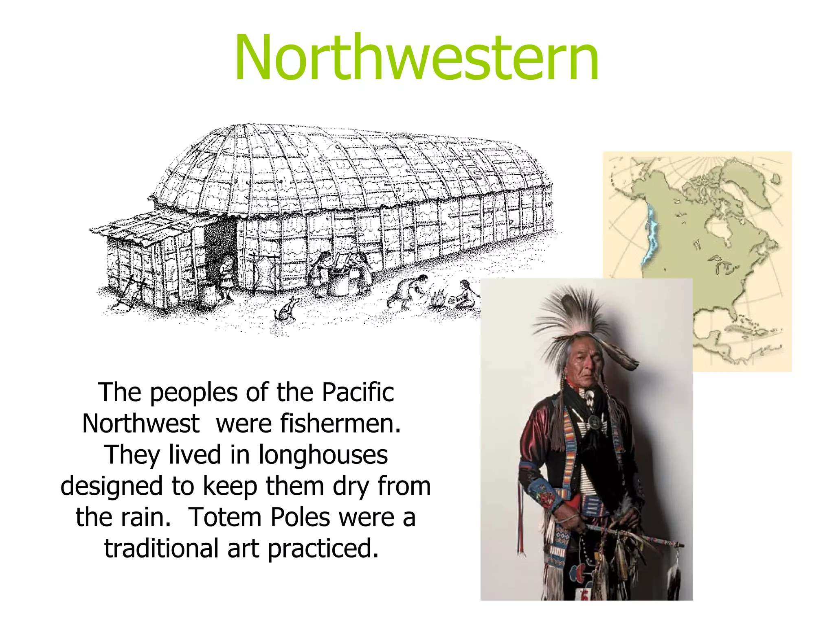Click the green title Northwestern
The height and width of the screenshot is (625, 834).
416,58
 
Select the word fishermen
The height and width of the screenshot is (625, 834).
308,424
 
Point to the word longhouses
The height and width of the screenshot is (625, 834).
323,455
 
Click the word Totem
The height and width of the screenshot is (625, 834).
225,517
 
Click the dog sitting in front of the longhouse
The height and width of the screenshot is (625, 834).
286,310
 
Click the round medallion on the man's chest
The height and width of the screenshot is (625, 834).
595,423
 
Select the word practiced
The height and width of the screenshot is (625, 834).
323,549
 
